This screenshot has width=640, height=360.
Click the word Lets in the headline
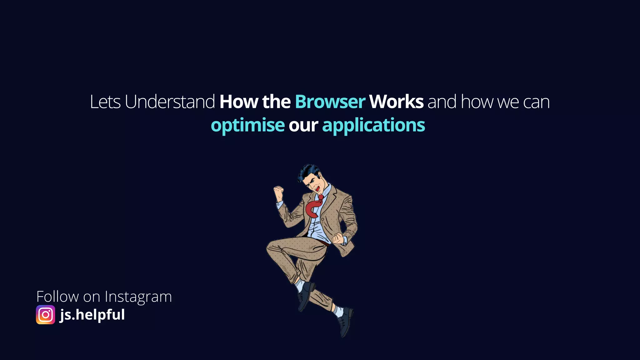[x=105, y=102]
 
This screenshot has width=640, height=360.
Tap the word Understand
[x=170, y=102]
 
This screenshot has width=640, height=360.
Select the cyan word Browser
[x=330, y=102]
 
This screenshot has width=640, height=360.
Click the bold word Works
[x=396, y=102]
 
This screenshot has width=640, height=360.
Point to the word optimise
[x=247, y=125]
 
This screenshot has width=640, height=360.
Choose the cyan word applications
[x=373, y=125]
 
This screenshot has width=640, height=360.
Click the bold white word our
[x=303, y=125]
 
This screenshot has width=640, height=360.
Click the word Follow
[x=57, y=296]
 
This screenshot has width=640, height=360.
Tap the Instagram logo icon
[x=46, y=315]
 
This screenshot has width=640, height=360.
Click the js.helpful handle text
[x=92, y=314]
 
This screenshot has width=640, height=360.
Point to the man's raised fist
[x=278, y=191]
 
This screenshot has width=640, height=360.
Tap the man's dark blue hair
[x=308, y=171]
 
